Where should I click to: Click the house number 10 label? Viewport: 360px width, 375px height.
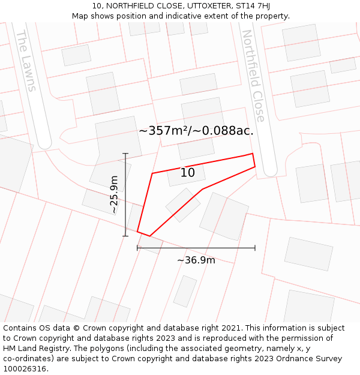[188, 173]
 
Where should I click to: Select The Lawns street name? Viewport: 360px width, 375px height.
[25, 61]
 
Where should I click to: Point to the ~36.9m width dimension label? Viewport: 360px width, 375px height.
[196, 260]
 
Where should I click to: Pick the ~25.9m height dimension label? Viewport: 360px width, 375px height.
[114, 194]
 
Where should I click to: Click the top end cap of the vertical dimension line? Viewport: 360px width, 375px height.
[125, 154]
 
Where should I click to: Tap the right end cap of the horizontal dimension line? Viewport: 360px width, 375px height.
[255, 247]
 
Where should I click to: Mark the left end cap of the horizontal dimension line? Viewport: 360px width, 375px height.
[137, 247]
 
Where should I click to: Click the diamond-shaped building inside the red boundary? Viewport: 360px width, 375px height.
[183, 205]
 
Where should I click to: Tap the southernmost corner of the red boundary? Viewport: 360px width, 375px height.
[149, 236]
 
